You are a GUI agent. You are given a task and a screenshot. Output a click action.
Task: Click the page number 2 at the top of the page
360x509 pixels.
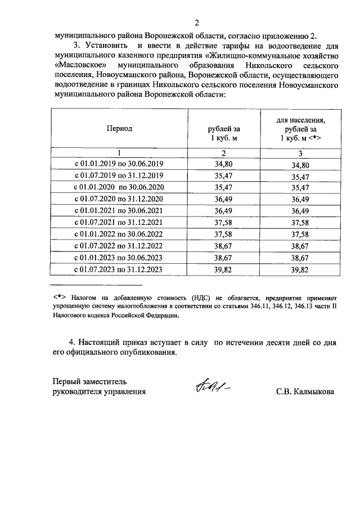click(196, 23)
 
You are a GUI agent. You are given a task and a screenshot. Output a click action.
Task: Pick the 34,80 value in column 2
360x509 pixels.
click(223, 164)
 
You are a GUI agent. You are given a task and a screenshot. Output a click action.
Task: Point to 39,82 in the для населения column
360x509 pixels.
click(300, 271)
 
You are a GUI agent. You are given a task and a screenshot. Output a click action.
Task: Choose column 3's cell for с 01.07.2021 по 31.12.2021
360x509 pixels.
click(300, 223)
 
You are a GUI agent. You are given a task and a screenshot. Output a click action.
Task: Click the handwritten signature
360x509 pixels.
click(213, 388)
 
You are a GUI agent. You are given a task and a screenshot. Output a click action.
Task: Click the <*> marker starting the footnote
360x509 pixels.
click(60, 295)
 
